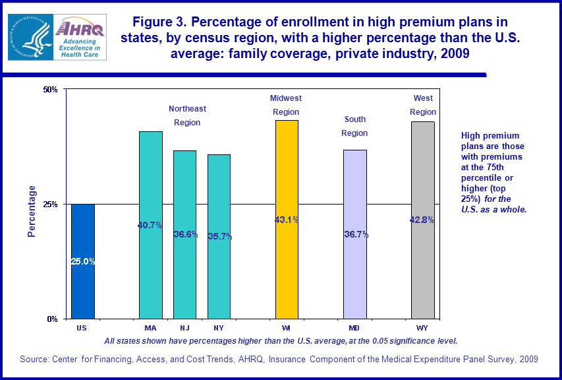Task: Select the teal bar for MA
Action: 150,225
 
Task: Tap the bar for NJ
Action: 184,234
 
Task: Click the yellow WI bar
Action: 287,219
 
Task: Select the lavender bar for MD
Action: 355,234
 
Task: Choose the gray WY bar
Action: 423,220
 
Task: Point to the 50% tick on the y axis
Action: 51,89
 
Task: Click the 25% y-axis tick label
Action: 51,204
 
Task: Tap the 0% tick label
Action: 53,319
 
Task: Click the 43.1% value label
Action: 287,220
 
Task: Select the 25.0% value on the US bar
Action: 83,261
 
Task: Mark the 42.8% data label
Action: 422,220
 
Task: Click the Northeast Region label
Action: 187,115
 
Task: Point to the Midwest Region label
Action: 286,105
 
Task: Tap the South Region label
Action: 354,126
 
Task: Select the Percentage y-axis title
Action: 32,211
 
